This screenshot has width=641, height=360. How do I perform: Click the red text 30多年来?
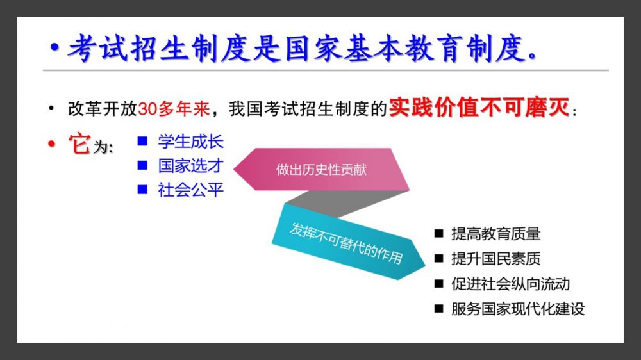click(174, 109)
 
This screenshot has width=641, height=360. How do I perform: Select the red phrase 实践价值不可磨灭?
click(479, 108)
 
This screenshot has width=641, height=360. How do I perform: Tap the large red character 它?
click(79, 143)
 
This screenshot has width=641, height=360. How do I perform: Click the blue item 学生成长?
click(191, 142)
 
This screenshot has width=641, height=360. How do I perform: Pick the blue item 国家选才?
click(191, 166)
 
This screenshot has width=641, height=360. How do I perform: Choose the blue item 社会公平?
click(191, 190)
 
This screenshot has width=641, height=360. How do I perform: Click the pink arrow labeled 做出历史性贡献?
click(321, 169)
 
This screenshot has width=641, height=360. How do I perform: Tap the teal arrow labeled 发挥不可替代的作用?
click(347, 242)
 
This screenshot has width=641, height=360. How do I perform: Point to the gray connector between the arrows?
click(347, 203)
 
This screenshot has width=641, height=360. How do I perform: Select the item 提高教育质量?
click(496, 234)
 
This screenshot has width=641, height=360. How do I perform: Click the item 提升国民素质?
click(496, 259)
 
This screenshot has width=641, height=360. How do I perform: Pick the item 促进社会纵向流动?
click(511, 284)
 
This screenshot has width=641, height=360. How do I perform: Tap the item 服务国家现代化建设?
click(518, 309)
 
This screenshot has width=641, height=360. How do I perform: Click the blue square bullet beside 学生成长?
click(142, 142)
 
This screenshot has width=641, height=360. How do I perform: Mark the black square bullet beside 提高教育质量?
click(438, 233)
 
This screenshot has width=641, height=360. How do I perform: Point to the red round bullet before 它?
click(51, 143)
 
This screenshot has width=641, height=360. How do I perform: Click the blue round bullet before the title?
click(54, 48)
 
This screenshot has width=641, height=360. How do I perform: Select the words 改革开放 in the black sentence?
click(103, 109)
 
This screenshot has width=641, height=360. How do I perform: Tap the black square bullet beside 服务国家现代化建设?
click(438, 309)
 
